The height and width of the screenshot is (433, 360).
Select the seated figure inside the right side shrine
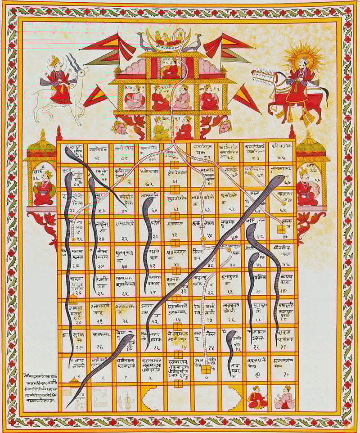[307, 189]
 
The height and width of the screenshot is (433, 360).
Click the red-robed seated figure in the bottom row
[257, 398]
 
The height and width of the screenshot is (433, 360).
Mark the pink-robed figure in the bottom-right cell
[285, 398]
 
